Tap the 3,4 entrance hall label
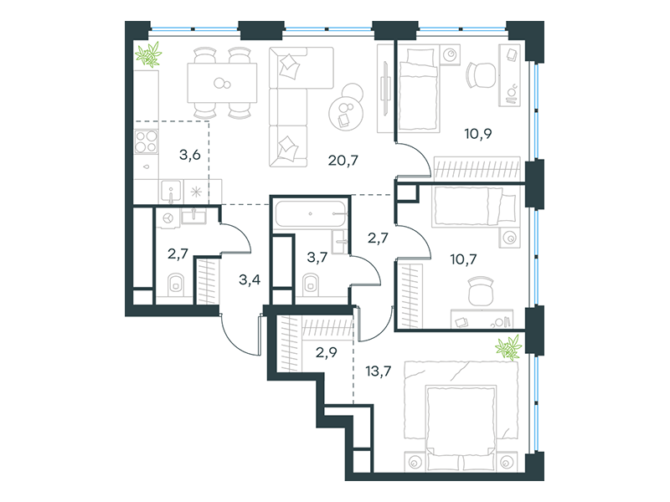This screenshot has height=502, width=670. pyautogui.click(x=249, y=280)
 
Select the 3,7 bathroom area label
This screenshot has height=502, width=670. pyautogui.click(x=316, y=258)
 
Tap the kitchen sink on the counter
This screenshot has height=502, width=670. pyautogui.click(x=170, y=192)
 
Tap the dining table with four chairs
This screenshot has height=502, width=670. pyautogui.click(x=221, y=83)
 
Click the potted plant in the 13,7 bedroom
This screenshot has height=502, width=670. pyautogui.click(x=508, y=346)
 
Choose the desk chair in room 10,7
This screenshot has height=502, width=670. pyautogui.click(x=480, y=290)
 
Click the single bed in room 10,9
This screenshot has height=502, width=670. pyautogui.click(x=418, y=89)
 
